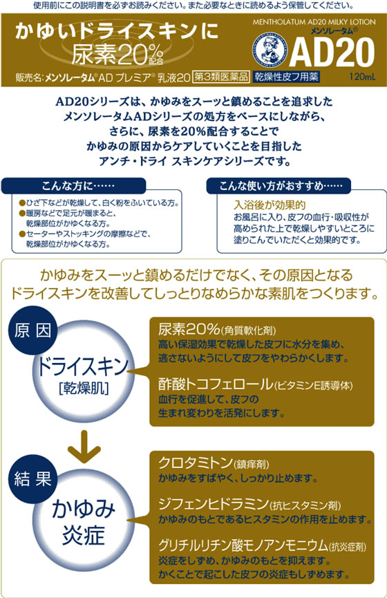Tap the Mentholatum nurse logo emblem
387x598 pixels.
tap(270, 50)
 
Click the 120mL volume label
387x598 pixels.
tap(362, 76)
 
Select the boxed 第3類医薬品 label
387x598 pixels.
tap(221, 77)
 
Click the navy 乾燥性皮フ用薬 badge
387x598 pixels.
tap(286, 77)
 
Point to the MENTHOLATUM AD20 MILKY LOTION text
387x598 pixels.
tap(314, 22)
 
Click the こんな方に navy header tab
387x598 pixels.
tap(73, 186)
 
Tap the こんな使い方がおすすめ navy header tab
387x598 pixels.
tap(279, 186)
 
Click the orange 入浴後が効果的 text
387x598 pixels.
tap(270, 205)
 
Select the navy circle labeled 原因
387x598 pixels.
tap(32, 330)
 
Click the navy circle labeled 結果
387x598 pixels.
tap(32, 479)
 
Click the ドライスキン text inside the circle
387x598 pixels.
tap(82, 367)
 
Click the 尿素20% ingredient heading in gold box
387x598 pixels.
tap(189, 329)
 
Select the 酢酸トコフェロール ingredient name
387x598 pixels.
tap(216, 384)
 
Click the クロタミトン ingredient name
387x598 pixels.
tap(195, 462)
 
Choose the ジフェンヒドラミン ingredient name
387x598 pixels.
tap(214, 504)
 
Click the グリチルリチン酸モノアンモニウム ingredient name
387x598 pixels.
tap(243, 545)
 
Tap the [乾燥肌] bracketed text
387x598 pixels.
tap(84, 389)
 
